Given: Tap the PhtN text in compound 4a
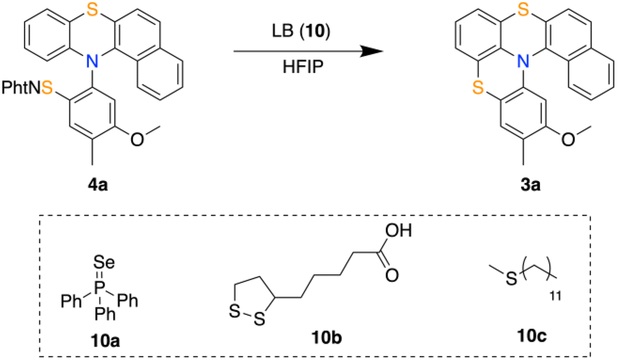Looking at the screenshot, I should click(x=18, y=86).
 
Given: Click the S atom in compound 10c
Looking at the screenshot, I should click(x=510, y=278).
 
